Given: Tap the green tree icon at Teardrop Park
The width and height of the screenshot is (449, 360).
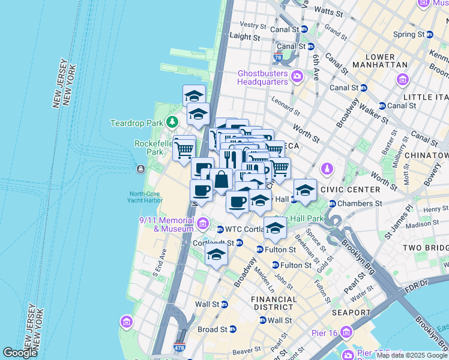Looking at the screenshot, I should click(173, 122).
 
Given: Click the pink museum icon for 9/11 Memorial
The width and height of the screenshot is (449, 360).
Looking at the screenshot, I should click(203, 225).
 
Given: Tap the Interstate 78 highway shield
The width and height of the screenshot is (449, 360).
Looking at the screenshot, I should click(278, 59).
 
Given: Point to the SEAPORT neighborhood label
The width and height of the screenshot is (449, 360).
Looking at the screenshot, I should click(351, 313).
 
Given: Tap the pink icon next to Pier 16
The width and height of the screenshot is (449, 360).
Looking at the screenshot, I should click(346, 332).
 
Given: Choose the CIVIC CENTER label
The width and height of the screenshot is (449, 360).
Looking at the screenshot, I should click(351, 190).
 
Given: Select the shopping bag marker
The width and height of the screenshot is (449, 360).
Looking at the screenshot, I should click(221, 179).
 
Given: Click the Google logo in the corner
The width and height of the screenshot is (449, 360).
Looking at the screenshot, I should click(20, 352).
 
